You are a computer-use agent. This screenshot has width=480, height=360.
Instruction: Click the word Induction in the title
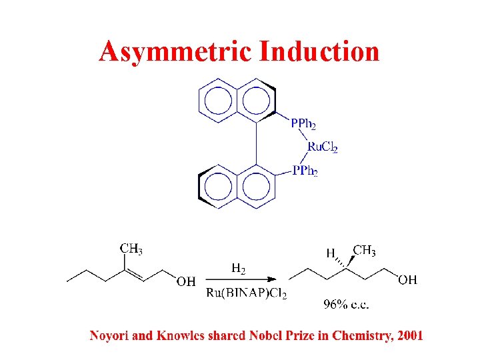(x=319, y=51)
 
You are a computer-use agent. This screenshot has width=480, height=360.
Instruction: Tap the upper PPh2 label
(x=304, y=123)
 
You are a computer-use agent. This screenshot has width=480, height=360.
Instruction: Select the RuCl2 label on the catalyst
(x=322, y=147)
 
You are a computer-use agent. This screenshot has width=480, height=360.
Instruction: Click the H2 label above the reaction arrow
(x=238, y=269)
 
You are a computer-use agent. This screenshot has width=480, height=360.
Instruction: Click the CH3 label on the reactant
(x=131, y=249)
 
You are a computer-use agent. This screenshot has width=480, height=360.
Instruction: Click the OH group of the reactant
(x=186, y=282)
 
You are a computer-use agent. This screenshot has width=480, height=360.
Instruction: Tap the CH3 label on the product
(x=364, y=251)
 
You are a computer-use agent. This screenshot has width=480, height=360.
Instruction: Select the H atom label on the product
(x=330, y=253)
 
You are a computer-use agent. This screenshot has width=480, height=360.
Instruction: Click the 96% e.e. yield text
(x=346, y=305)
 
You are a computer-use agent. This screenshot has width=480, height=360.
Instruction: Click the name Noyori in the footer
(x=110, y=335)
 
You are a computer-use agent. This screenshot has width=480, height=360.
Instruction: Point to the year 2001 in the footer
(x=409, y=335)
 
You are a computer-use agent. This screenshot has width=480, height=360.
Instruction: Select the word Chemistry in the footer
(x=358, y=335)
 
